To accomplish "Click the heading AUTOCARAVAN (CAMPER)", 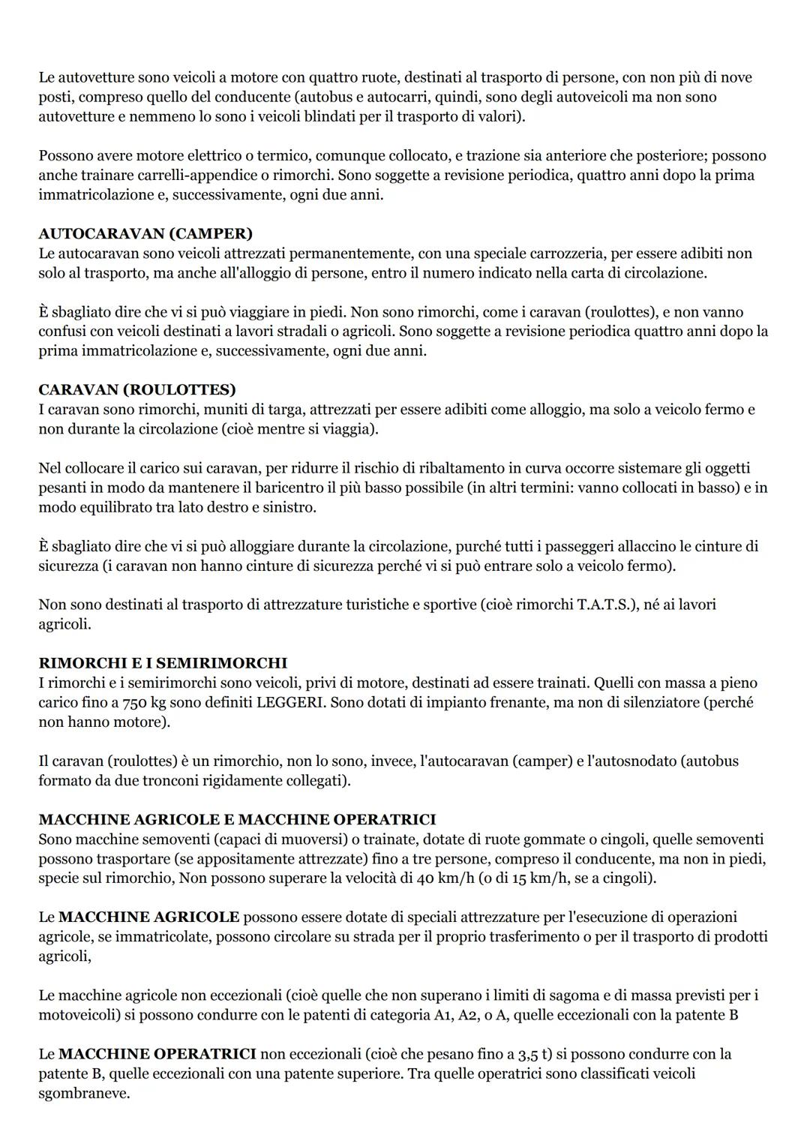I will [x=145, y=233].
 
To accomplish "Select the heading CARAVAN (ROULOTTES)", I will [x=137, y=389].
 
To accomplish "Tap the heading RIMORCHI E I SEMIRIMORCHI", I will [x=163, y=663].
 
